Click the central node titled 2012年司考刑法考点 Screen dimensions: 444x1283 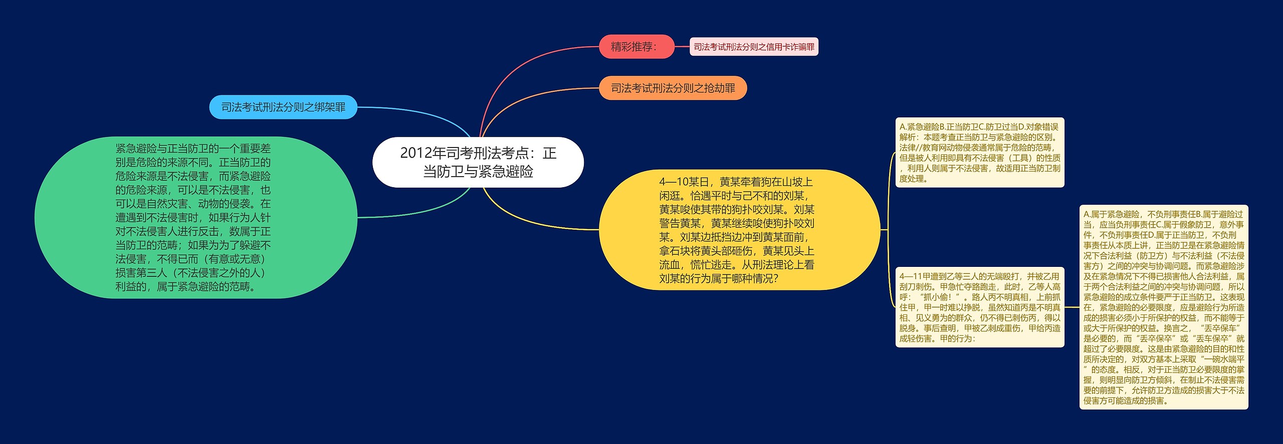coord(478,162)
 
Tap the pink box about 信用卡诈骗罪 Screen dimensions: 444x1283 coord(753,47)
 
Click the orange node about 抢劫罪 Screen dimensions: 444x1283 coord(673,88)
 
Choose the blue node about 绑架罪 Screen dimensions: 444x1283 coord(283,107)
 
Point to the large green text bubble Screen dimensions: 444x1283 coord(195,217)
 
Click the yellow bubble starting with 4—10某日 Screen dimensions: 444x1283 coord(739,229)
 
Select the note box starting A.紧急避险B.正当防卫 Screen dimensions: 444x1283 coord(979,153)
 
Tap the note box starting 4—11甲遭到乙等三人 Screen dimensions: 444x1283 coord(979,307)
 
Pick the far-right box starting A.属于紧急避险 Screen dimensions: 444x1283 coord(1163,307)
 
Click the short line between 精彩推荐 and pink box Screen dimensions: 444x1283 coord(682,47)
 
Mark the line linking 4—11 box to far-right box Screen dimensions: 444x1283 coord(1072,307)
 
